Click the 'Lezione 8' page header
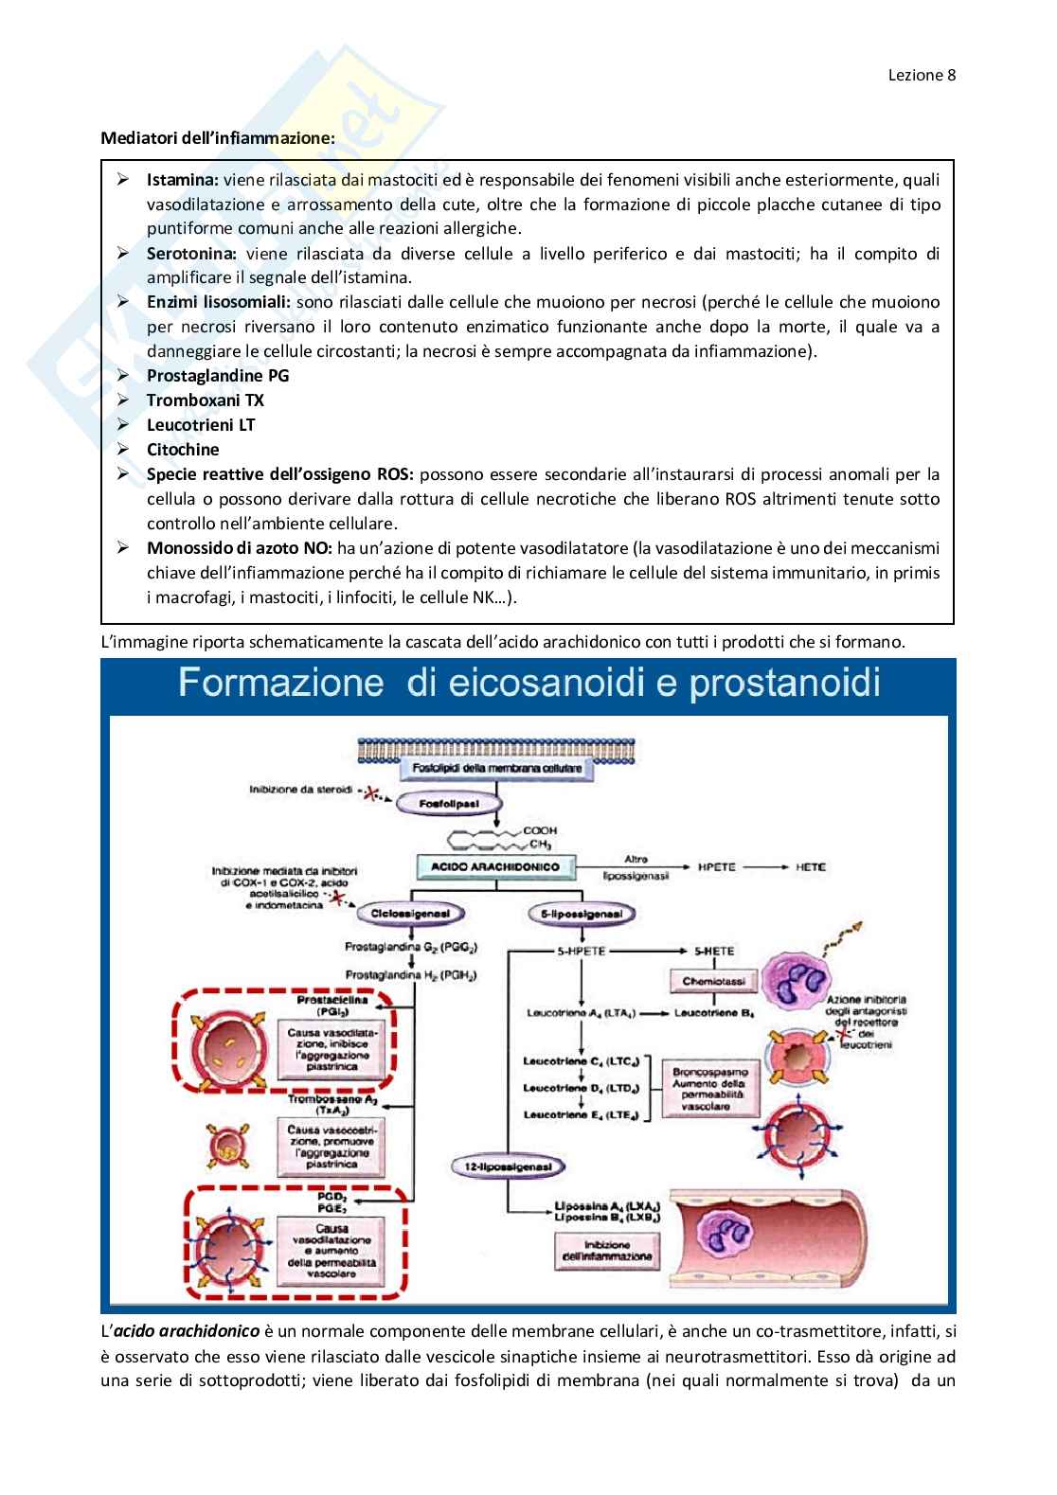click(x=922, y=76)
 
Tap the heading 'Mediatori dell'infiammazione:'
click(x=218, y=137)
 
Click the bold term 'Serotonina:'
click(x=193, y=254)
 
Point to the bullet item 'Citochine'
click(x=183, y=450)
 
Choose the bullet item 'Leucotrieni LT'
click(x=201, y=425)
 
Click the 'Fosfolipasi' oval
click(x=451, y=804)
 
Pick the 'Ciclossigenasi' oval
click(x=410, y=915)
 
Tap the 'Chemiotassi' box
click(x=715, y=982)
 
